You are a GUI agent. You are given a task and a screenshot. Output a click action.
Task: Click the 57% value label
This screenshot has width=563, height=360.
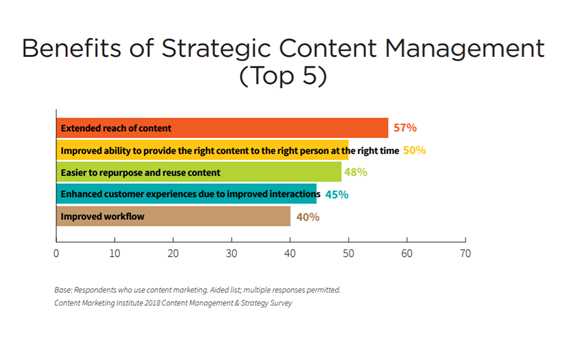click(404, 128)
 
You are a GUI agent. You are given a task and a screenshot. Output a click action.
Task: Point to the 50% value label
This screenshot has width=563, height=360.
click(415, 150)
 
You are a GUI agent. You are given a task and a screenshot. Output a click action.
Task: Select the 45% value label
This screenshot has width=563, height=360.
click(336, 194)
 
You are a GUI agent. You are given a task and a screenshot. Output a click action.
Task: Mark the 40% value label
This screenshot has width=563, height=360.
click(307, 216)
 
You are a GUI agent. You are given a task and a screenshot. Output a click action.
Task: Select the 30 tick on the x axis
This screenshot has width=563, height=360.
click(231, 253)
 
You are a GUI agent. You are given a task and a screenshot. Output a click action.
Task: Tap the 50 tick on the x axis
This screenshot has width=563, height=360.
click(348, 253)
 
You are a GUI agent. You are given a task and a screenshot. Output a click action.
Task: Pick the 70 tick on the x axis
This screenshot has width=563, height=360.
click(465, 253)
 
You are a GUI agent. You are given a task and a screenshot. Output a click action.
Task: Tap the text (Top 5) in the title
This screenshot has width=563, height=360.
click(280, 78)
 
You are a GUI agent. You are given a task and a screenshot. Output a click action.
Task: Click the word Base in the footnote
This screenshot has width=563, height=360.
click(65, 290)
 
